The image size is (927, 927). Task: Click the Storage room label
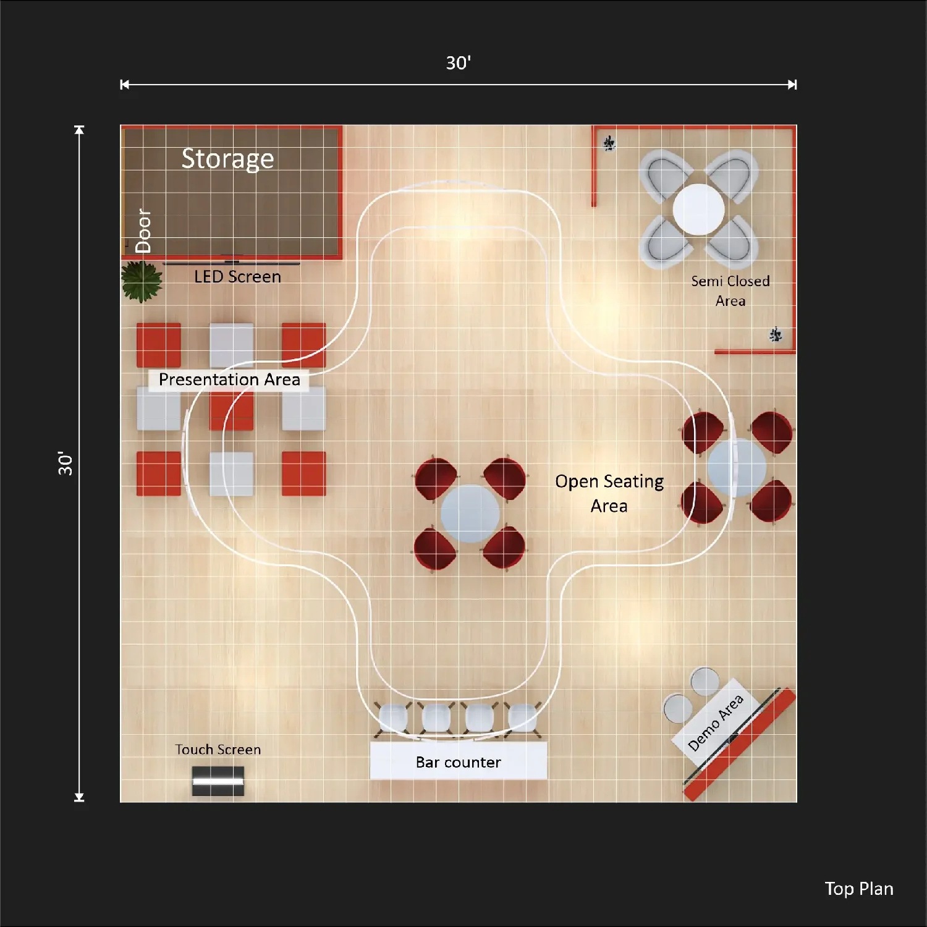click(227, 159)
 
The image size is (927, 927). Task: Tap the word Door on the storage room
click(143, 231)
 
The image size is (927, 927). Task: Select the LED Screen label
click(237, 277)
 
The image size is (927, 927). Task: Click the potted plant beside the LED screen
click(142, 281)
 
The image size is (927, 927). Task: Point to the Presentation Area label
click(229, 379)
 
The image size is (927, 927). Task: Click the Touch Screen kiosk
click(218, 781)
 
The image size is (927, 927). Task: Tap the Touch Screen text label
click(218, 750)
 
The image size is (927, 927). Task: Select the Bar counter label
click(458, 762)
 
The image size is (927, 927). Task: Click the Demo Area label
click(715, 722)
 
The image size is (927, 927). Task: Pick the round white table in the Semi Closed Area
click(698, 210)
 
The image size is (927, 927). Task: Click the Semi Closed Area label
click(730, 291)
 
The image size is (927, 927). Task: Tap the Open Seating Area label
click(609, 493)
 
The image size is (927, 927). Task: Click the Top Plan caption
click(859, 889)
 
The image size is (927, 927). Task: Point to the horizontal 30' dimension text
click(459, 62)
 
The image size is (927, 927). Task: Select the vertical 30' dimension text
click(65, 463)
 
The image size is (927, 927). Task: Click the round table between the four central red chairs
click(470, 514)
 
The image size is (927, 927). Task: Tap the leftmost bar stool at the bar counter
click(392, 718)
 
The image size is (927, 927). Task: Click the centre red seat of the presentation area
click(231, 408)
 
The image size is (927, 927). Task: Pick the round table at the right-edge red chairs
click(737, 468)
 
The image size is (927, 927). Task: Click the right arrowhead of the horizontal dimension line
click(793, 85)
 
